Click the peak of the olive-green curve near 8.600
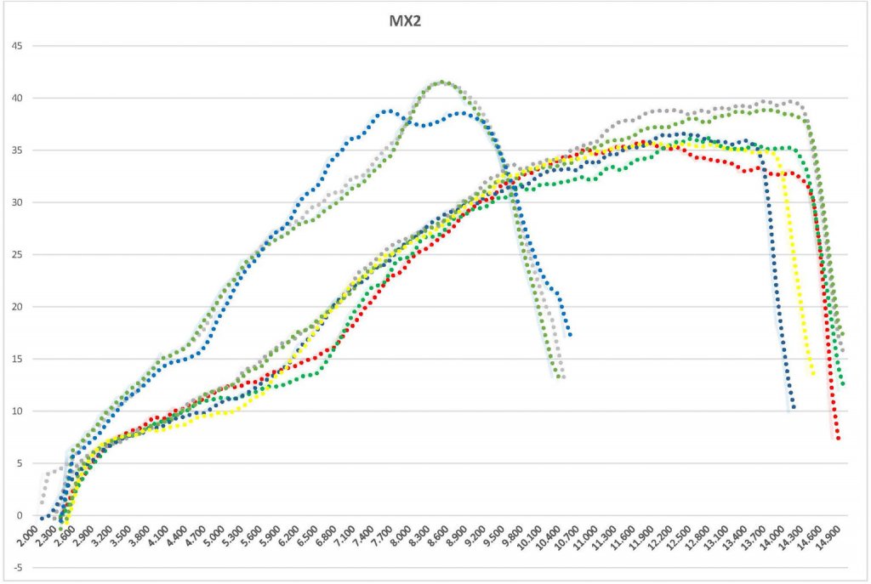pos(441,82)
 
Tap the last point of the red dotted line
pos(839,439)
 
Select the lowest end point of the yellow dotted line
pos(813,374)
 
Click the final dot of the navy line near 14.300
pos(793,407)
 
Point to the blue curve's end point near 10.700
pos(569,335)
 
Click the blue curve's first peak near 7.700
pos(387,111)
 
